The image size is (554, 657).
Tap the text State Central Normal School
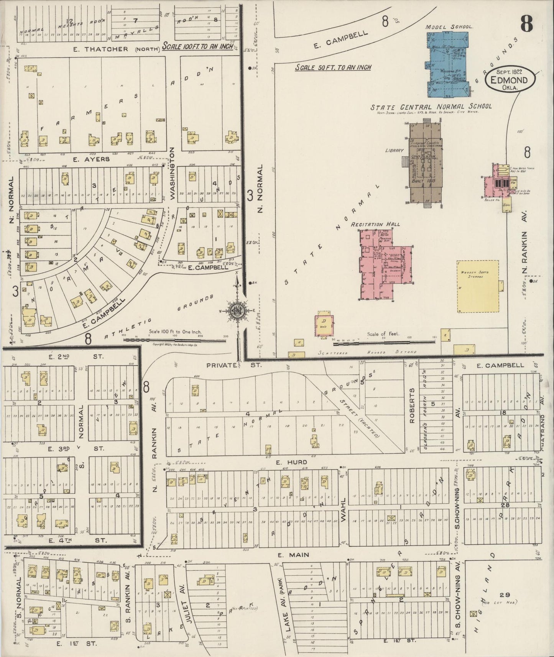coord(431,107)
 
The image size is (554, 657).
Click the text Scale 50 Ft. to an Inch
coord(333,67)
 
